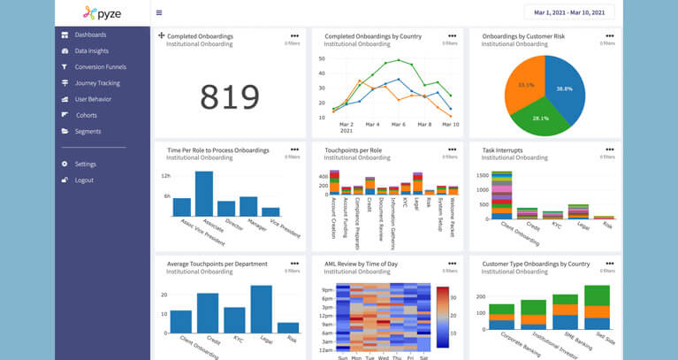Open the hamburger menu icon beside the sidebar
point(159,13)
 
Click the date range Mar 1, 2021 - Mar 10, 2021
point(568,12)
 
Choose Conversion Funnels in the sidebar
point(100,67)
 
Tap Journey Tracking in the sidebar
point(96,83)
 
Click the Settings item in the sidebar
point(85,165)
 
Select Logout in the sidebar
point(84,180)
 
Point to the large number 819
point(229,96)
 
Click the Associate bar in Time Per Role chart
point(204,194)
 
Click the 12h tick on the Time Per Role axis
point(165,176)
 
